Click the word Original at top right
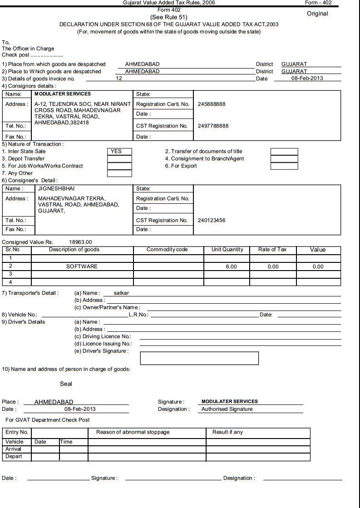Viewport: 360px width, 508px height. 317,14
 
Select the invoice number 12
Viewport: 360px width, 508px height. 119,79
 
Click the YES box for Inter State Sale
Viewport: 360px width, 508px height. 119,151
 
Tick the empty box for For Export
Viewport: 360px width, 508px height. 284,166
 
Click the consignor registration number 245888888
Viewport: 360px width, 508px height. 212,104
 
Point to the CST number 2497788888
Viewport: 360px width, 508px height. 213,126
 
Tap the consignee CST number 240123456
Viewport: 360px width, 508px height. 212,221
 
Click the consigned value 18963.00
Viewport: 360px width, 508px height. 80,242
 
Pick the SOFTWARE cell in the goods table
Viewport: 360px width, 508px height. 82,266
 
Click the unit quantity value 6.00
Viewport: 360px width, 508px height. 232,267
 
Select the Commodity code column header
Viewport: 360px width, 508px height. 167,250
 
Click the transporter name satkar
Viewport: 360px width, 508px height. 121,293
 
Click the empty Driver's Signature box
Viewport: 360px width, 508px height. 199,358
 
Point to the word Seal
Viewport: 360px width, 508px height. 66,384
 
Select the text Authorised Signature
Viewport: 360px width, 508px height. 227,409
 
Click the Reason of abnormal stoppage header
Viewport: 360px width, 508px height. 133,432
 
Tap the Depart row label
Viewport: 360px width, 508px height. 14,456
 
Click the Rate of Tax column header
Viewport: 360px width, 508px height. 272,250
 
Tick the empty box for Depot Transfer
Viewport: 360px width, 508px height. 119,159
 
